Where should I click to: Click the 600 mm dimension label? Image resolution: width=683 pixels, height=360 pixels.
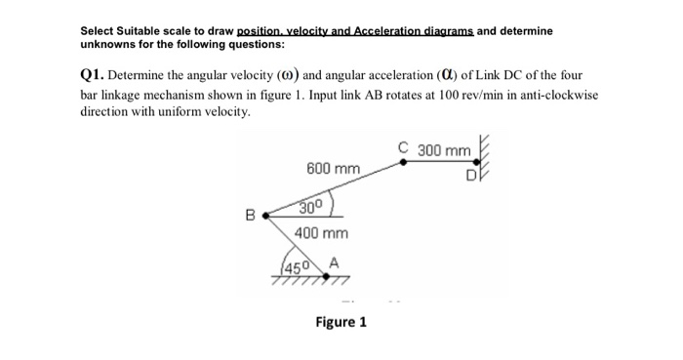point(333,169)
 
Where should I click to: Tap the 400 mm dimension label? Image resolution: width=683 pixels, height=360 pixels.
point(322,234)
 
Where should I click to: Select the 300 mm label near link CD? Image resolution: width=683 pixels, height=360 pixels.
point(444,151)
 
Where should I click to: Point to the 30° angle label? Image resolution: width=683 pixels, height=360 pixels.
point(310,207)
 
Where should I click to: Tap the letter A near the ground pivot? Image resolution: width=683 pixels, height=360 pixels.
point(334,260)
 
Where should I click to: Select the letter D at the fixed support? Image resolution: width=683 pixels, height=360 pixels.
point(471,177)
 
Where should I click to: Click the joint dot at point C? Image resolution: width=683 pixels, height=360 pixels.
point(405,163)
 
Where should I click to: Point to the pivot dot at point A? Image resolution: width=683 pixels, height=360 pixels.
point(325,275)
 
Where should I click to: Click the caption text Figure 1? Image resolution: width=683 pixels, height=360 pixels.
point(341,322)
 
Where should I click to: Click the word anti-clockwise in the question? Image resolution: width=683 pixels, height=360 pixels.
point(559,94)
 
